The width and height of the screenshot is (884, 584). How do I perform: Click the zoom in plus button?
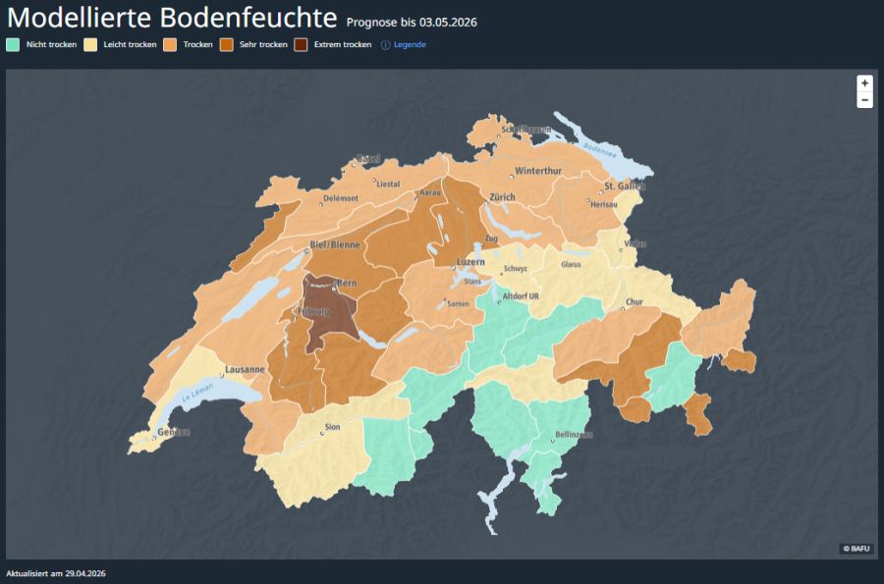864,83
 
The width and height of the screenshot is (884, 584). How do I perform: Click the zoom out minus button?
864,100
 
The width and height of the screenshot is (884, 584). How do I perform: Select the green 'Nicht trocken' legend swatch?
13,44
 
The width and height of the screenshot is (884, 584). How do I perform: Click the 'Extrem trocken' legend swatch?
301,44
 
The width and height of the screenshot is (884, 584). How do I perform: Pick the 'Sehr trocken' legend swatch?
226,44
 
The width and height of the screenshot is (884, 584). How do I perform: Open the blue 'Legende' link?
410,44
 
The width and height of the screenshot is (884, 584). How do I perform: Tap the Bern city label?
346,284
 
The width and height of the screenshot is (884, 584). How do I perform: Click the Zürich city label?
502,197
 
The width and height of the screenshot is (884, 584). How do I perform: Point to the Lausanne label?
245,370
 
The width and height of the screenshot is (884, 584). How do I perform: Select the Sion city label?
332,427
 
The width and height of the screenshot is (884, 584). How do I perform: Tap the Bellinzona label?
574,434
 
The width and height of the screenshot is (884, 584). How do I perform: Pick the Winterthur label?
538,171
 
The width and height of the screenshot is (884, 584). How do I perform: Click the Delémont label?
341,198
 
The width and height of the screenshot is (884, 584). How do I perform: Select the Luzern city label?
470,262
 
